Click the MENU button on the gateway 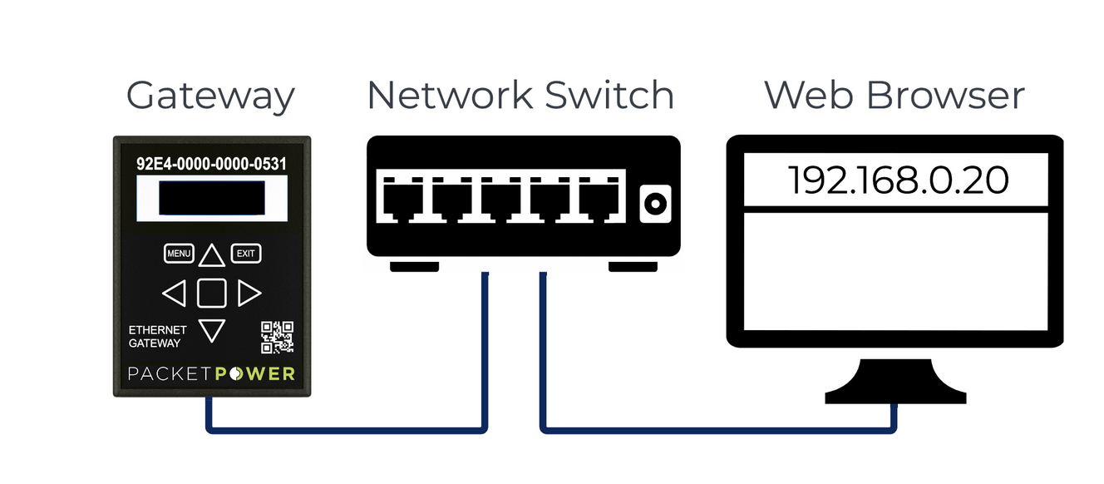pyautogui.click(x=179, y=253)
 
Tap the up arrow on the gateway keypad pyautogui.click(x=212, y=254)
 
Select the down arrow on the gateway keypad pyautogui.click(x=212, y=330)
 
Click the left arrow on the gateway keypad pyautogui.click(x=174, y=293)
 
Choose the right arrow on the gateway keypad pyautogui.click(x=249, y=293)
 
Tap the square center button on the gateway pyautogui.click(x=212, y=293)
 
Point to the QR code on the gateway pyautogui.click(x=278, y=337)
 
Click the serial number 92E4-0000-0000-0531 pyautogui.click(x=211, y=164)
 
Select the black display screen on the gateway pyautogui.click(x=212, y=200)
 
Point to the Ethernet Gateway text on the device pyautogui.click(x=158, y=336)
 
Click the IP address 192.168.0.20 pyautogui.click(x=898, y=180)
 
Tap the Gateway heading pyautogui.click(x=210, y=96)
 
